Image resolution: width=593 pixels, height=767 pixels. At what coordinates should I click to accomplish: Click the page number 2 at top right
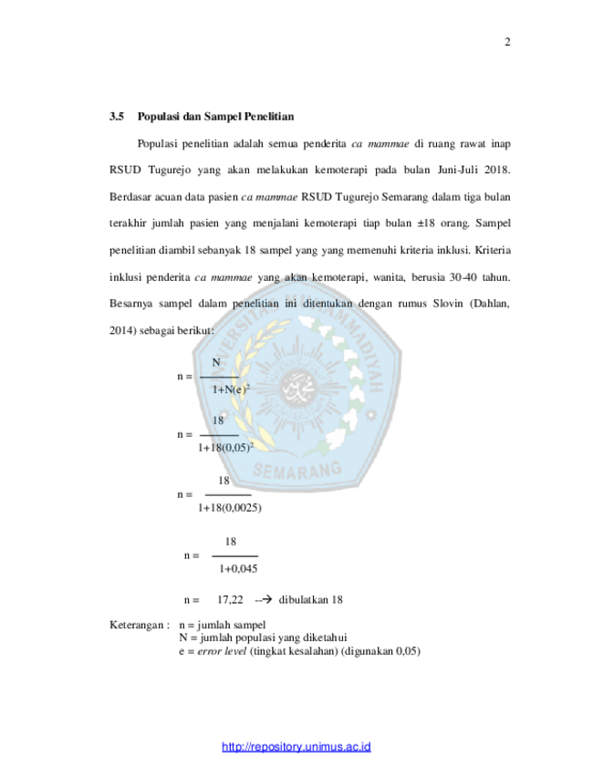coord(507,42)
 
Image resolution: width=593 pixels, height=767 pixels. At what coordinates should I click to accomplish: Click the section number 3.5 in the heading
coord(117,117)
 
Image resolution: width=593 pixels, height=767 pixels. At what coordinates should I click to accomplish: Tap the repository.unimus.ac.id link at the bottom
coord(296,747)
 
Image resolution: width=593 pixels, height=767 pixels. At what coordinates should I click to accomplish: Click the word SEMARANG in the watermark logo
coord(297,471)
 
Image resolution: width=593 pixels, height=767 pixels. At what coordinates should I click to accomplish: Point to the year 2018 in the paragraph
coord(497,171)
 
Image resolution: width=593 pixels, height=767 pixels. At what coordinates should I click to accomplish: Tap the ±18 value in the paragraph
coord(426,223)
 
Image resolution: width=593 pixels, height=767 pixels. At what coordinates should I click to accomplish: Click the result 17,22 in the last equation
coord(230,600)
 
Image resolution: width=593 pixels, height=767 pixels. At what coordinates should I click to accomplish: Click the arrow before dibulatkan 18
coord(264,600)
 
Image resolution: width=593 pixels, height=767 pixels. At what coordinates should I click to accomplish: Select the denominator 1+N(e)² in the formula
coord(231,389)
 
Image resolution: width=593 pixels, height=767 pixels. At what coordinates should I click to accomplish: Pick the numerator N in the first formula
coord(216,362)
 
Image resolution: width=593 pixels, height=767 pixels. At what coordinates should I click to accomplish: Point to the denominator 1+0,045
coord(238,569)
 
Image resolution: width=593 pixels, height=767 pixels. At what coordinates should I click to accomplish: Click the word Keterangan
coord(137,625)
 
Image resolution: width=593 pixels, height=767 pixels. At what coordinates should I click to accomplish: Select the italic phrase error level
coord(222,651)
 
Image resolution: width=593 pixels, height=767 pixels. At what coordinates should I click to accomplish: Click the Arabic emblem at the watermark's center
coord(297,387)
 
